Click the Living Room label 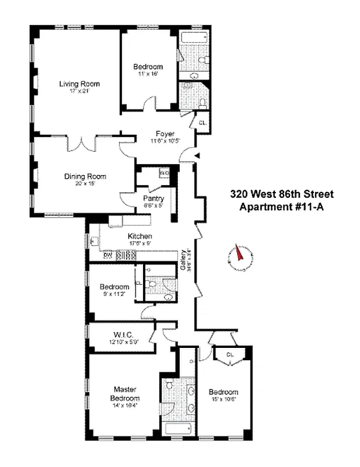[x=75, y=83]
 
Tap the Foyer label [x=157, y=134]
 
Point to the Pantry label [x=153, y=198]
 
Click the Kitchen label [x=140, y=236]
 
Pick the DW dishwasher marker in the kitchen [x=107, y=255]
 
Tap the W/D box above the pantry [x=164, y=173]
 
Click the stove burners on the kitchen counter [x=126, y=255]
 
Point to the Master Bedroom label [x=125, y=394]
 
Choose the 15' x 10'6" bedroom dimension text [x=224, y=400]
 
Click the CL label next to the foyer [x=202, y=123]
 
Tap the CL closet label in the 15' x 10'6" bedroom [x=230, y=354]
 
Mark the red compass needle [x=239, y=253]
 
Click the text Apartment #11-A [x=281, y=207]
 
